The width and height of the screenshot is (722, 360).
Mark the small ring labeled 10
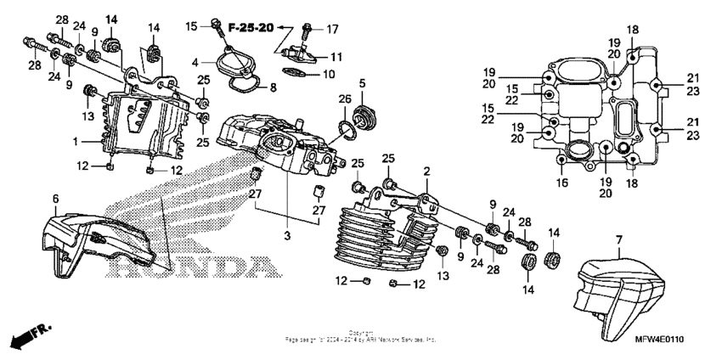point(294,74)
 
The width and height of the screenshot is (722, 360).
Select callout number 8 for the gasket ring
point(273,87)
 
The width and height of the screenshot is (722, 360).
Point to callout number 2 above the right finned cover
point(427,171)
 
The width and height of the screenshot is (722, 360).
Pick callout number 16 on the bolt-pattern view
point(562,182)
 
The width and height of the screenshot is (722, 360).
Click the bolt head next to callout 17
point(307,25)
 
